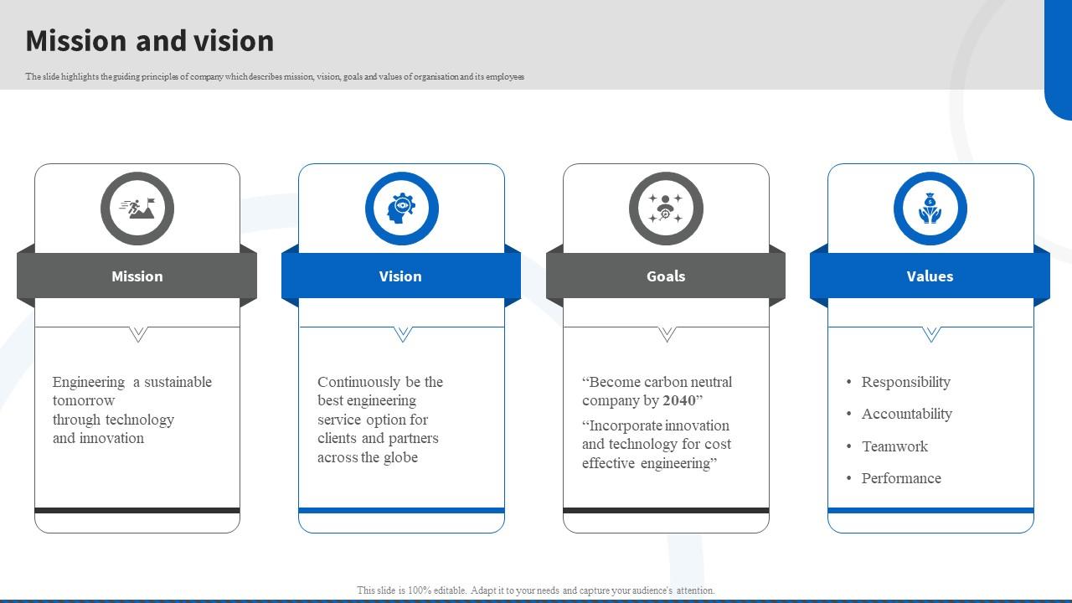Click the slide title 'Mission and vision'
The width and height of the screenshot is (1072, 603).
coord(150,41)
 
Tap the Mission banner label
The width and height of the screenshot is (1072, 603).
coord(137,276)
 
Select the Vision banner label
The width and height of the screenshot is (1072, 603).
coord(400,276)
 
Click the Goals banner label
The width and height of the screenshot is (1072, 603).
coord(666,276)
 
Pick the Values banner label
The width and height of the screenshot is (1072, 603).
coord(930,276)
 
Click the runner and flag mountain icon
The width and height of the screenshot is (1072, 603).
coord(137,209)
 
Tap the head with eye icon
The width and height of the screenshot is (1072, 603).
coord(401,209)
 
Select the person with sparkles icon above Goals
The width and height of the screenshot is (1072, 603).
coord(666,209)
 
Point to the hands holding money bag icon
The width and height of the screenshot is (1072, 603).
coord(930,209)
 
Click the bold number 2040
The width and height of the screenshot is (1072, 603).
coord(679,401)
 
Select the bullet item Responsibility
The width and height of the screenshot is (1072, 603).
coord(905,382)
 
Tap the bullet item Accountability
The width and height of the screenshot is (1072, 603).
coord(906,414)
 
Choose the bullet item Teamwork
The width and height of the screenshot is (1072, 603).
coord(894,446)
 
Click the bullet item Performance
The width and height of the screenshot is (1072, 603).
coord(901,478)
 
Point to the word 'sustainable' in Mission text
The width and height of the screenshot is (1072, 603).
coord(178,382)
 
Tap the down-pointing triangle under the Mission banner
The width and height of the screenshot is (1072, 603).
coord(138,334)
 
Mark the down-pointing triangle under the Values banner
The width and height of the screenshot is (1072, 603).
coord(930,334)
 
